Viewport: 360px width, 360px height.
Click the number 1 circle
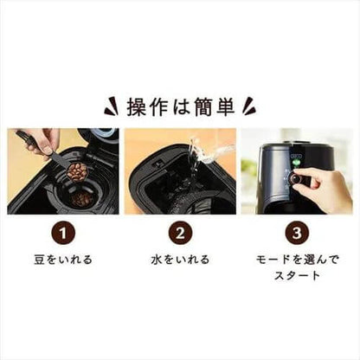65,233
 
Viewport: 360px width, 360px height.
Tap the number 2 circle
180,233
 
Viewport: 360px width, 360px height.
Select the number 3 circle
295,233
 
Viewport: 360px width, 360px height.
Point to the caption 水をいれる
180,259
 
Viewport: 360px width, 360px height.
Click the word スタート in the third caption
295,276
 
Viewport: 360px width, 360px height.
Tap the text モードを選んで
295,260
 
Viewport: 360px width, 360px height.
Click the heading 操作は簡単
180,106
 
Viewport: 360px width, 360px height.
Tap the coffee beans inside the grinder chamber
83,199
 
